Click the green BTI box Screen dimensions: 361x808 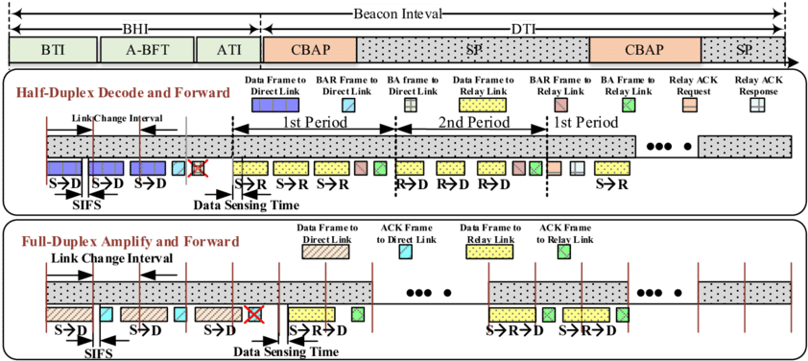[x=53, y=51]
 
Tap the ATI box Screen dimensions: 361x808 [x=226, y=51]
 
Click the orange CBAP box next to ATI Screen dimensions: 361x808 [x=308, y=51]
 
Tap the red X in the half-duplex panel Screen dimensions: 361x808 [x=197, y=169]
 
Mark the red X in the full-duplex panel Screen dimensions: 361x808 [x=253, y=314]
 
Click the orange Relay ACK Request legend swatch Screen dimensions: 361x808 [x=689, y=103]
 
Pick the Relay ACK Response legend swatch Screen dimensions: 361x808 [x=757, y=103]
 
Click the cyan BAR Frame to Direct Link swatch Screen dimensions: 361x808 [x=346, y=103]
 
